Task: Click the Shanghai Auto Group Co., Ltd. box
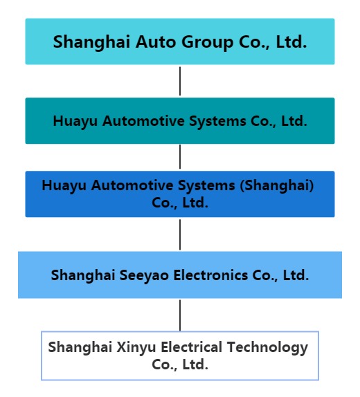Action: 180,41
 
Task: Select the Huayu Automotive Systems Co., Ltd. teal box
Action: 180,121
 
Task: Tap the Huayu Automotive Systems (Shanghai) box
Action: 180,194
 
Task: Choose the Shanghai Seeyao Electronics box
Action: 180,275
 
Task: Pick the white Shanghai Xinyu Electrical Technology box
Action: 180,356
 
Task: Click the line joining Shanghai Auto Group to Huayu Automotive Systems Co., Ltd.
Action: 180,81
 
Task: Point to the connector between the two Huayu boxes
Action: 180,157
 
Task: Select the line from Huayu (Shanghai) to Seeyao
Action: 180,234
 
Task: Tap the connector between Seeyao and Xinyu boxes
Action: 180,315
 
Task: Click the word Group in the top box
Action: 208,43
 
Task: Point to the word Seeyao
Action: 144,275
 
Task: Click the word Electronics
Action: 210,275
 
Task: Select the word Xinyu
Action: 136,347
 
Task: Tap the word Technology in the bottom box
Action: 267,347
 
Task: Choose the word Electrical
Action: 191,347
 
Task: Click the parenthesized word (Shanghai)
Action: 277,185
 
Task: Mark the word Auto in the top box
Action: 156,41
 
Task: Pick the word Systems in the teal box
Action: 217,122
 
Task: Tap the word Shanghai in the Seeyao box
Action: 83,275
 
